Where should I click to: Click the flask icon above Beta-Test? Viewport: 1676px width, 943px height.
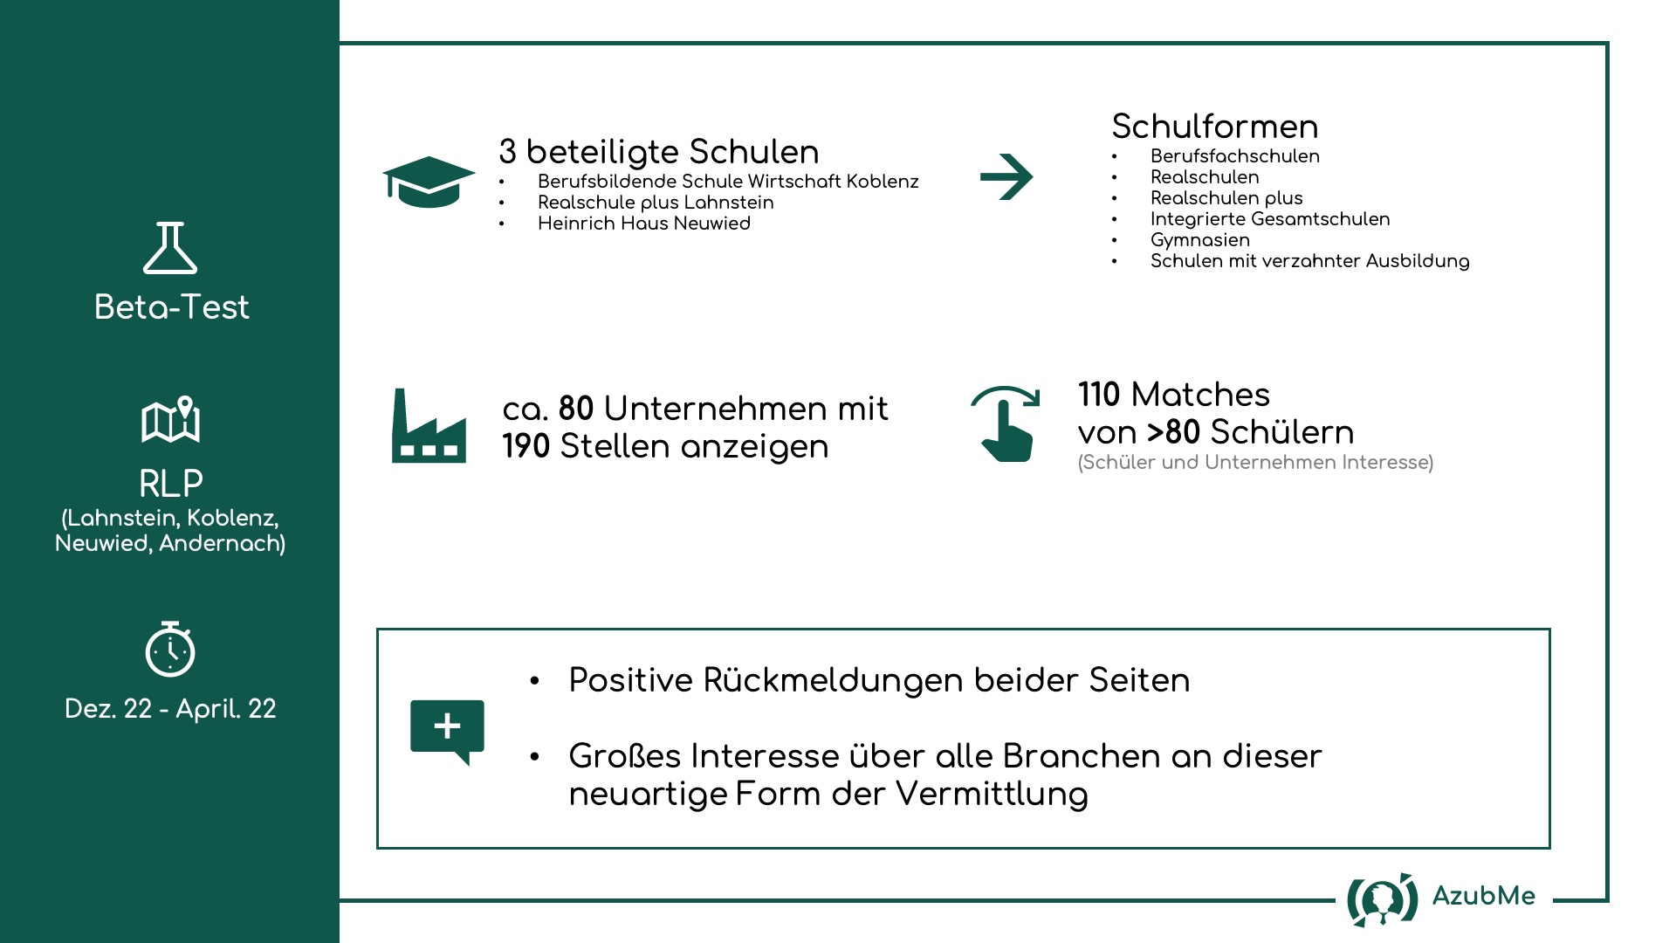point(170,248)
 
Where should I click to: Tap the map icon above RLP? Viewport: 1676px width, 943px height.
point(171,420)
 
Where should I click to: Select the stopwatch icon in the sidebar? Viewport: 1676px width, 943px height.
point(170,650)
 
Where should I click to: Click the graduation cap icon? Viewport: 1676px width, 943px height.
point(429,182)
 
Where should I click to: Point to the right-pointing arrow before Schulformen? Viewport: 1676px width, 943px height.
point(1006,177)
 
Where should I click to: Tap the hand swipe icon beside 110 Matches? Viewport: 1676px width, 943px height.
point(1006,423)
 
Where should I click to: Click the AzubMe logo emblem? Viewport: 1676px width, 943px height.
point(1383,899)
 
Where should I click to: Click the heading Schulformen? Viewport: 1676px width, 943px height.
point(1215,127)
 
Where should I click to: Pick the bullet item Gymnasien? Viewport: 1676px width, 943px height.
point(1200,240)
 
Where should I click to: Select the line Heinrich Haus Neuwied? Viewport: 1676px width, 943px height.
point(644,224)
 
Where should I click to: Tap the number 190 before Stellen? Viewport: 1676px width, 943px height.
point(526,446)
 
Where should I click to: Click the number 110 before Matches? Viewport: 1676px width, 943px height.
point(1099,395)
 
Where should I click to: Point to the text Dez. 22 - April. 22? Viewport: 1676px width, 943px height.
point(170,709)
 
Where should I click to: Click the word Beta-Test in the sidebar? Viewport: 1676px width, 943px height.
point(172,307)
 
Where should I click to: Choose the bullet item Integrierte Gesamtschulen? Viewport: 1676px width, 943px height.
point(1270,219)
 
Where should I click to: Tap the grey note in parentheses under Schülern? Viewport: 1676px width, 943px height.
point(1256,463)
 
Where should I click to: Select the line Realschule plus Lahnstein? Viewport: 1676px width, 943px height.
point(656,203)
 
